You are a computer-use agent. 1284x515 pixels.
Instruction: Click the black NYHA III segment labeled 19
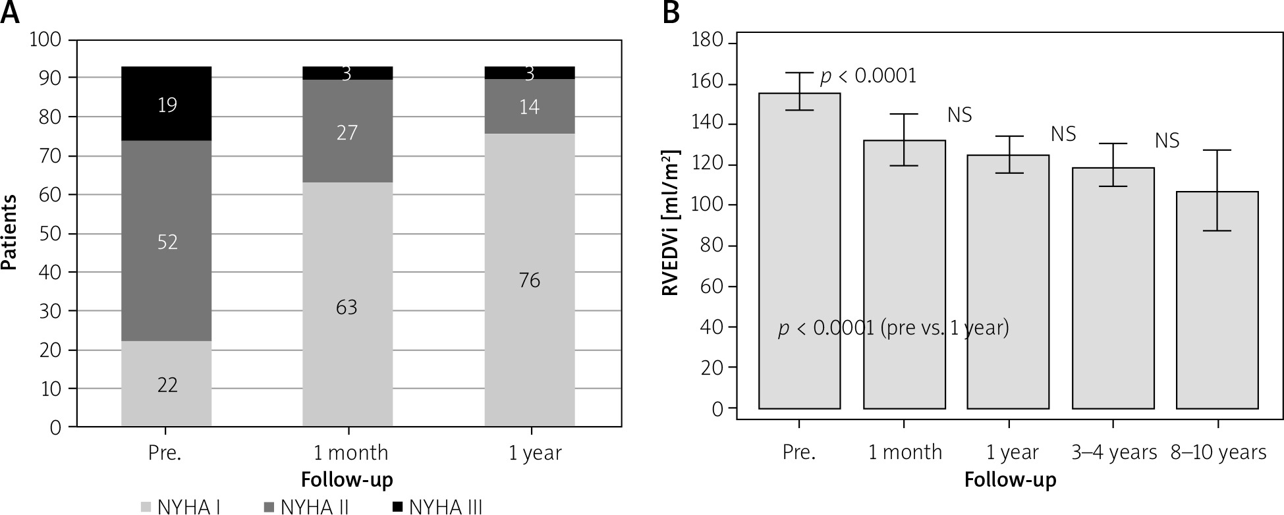tap(167, 104)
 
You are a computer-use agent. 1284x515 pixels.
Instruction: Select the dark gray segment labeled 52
tap(167, 241)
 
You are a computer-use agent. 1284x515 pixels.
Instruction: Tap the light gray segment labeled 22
tap(167, 384)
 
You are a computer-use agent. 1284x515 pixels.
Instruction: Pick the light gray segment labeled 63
tap(347, 307)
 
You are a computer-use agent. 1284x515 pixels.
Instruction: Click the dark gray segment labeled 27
tap(347, 132)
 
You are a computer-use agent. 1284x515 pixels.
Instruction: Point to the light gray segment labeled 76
tap(529, 280)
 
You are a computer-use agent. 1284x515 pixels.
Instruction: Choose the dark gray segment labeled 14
tap(529, 107)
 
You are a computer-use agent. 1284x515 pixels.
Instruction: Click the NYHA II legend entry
tap(307, 507)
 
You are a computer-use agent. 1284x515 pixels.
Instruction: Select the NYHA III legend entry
tap(437, 507)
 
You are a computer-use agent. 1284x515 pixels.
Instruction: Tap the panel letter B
tap(671, 13)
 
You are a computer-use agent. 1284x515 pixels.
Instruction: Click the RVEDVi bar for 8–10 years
tap(1217, 300)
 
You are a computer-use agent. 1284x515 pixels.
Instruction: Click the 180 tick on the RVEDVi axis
tap(708, 43)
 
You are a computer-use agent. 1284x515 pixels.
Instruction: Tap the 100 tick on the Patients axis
tap(45, 40)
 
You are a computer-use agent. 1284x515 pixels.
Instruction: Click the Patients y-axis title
tap(9, 233)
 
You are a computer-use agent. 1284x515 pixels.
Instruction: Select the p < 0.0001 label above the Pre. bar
tap(868, 76)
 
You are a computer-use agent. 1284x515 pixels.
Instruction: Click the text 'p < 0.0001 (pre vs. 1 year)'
tap(893, 327)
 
